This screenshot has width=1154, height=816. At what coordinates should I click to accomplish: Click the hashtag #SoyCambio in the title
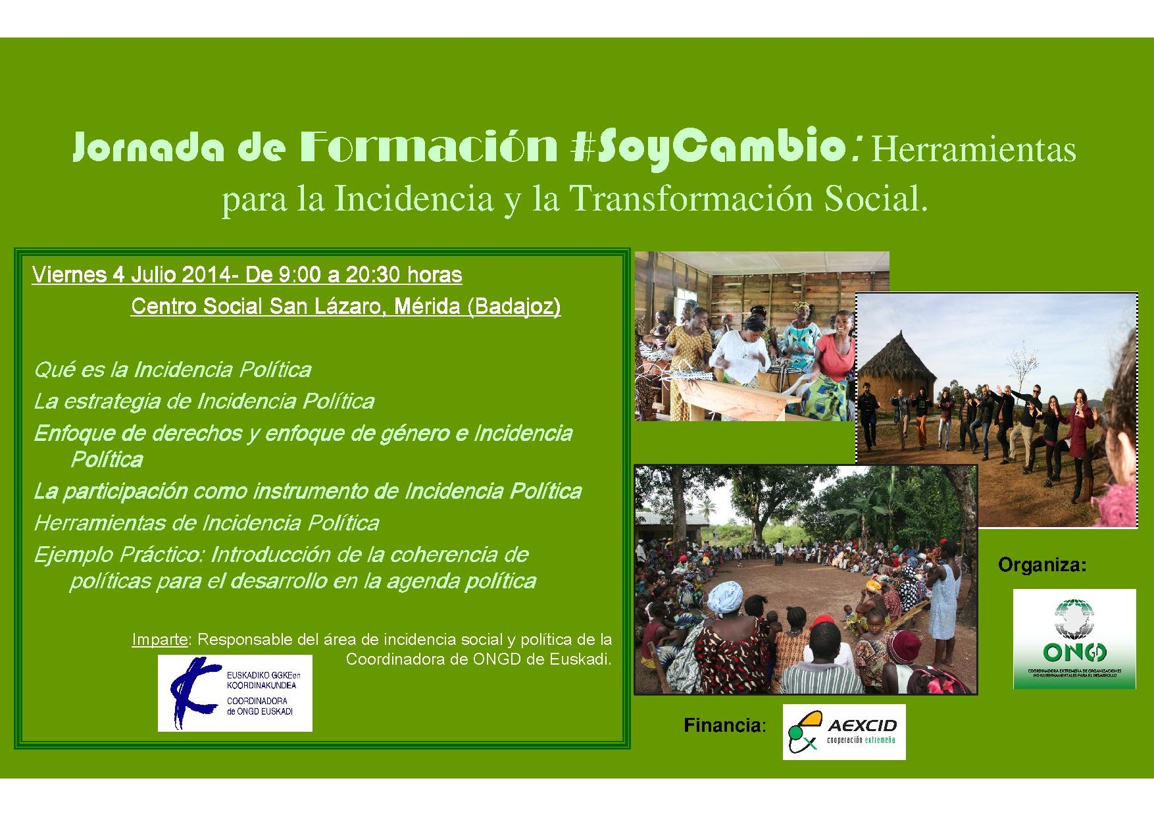pyautogui.click(x=708, y=146)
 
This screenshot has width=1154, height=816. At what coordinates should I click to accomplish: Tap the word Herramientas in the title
pyautogui.click(x=973, y=149)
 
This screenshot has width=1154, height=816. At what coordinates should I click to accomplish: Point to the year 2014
pyautogui.click(x=206, y=274)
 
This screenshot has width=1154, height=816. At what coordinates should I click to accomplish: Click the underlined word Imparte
pyautogui.click(x=159, y=639)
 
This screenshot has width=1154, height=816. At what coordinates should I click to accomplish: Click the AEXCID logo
pyautogui.click(x=843, y=732)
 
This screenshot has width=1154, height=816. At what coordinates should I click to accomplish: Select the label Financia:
pyautogui.click(x=724, y=725)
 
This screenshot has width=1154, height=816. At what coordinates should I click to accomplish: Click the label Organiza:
pyautogui.click(x=1042, y=565)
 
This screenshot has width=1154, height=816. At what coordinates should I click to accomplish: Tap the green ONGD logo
pyautogui.click(x=1074, y=638)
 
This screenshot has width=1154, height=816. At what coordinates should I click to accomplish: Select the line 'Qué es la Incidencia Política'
pyautogui.click(x=172, y=370)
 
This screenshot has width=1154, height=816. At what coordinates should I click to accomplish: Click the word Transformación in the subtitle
pyautogui.click(x=690, y=199)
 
